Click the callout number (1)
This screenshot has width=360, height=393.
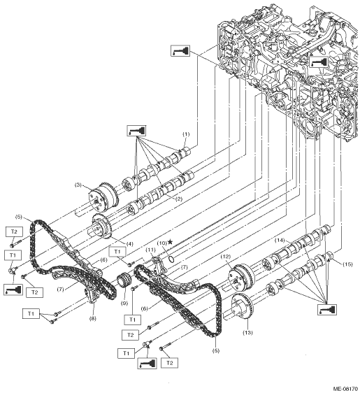pos(186,134)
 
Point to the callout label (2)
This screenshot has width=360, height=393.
pos(179,199)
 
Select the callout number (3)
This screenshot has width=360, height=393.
pos(78,185)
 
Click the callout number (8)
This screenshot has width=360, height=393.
pos(92,319)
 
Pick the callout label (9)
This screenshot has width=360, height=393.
pos(124,303)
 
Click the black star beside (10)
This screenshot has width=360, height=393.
pos(171,242)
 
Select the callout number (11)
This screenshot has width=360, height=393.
pos(151,250)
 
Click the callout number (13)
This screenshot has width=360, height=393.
pos(247,333)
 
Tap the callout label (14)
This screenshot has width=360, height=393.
pos(280,240)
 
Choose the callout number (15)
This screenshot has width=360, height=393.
pos(347,264)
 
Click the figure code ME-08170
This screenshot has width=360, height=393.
pos(345,389)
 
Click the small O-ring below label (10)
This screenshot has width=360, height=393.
pos(171,259)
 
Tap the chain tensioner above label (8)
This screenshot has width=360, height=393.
pos(92,296)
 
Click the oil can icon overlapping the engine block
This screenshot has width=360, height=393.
pos(319,62)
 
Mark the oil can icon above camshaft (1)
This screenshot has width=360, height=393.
pos(137,131)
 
